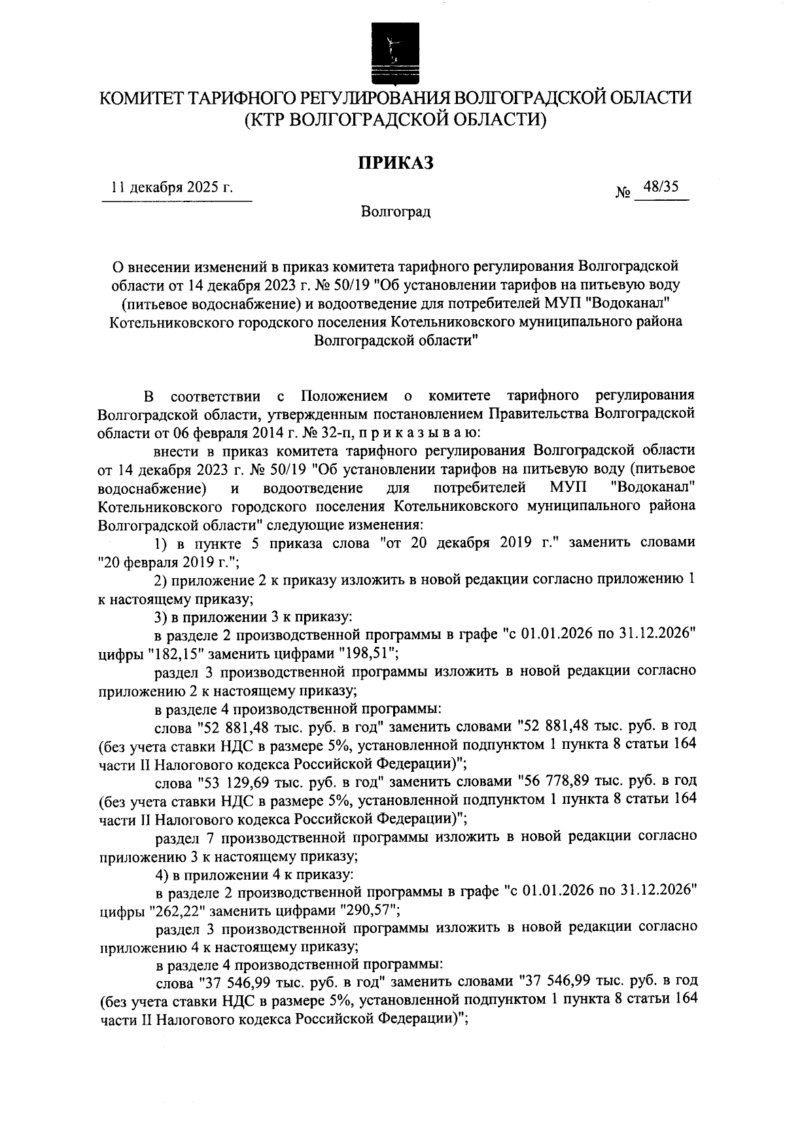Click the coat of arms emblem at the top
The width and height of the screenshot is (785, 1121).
pyautogui.click(x=393, y=52)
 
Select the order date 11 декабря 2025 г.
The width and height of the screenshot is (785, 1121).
pyautogui.click(x=173, y=188)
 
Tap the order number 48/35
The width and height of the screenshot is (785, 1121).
pyautogui.click(x=660, y=187)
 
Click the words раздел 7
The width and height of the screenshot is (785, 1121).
pyautogui.click(x=181, y=836)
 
